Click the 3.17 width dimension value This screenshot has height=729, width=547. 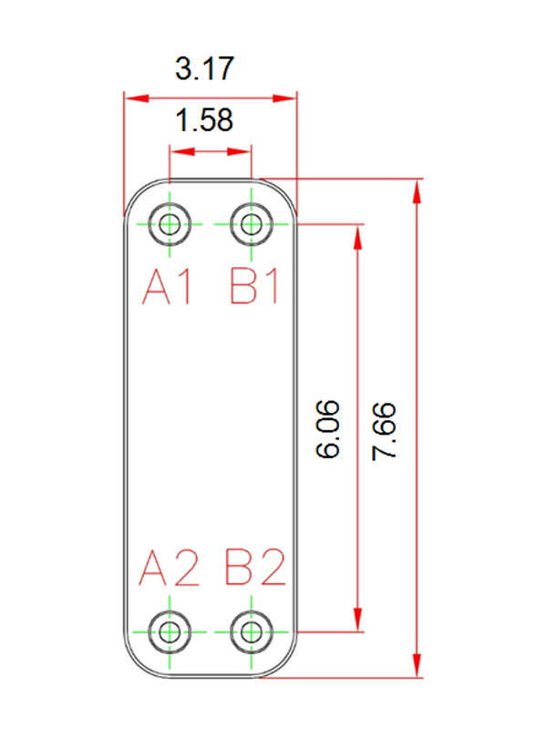[x=204, y=68]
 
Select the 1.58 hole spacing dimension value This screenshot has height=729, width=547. [x=204, y=120]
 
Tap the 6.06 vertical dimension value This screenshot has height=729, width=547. [x=328, y=428]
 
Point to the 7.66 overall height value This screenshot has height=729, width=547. [x=384, y=431]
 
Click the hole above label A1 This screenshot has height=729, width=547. [x=170, y=224]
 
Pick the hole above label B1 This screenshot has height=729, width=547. [x=252, y=224]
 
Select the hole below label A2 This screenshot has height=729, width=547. [x=170, y=631]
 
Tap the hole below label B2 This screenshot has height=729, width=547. [x=252, y=631]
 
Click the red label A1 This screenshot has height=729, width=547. [x=167, y=288]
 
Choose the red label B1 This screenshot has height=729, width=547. [x=254, y=288]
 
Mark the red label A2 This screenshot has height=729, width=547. [x=169, y=567]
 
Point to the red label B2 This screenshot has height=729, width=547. [x=255, y=567]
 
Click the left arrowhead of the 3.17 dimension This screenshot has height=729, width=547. [x=137, y=98]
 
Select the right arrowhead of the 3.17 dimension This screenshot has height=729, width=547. [x=284, y=98]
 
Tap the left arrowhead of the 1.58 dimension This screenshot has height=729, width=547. [x=181, y=151]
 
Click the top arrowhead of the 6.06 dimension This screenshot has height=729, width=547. [x=357, y=237]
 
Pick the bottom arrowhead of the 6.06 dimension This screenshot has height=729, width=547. [x=357, y=620]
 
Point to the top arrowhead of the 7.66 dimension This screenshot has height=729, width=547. [x=418, y=191]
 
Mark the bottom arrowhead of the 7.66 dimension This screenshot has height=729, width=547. [x=418, y=665]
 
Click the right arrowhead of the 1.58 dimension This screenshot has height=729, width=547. [x=239, y=151]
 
